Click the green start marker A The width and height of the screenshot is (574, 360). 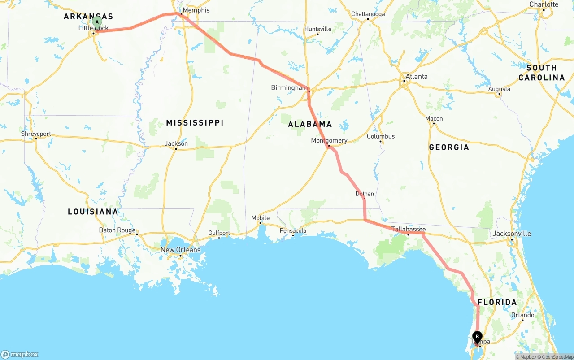tap(97, 22)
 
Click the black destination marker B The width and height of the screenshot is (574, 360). tap(478, 336)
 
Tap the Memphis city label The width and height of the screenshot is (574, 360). tap(196, 10)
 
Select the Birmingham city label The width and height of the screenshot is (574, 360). tap(289, 87)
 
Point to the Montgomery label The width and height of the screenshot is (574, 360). tap(329, 140)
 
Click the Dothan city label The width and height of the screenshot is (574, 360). tap(365, 194)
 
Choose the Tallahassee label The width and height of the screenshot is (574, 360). tap(409, 229)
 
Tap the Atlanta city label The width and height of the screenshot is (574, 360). tap(417, 77)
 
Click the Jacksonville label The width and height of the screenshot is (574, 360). tap(512, 234)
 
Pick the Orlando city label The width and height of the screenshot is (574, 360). tap(522, 315)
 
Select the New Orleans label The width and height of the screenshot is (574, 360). tap(181, 250)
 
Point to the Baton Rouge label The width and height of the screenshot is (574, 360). tap(117, 230)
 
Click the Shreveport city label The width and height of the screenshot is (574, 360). tap(36, 134)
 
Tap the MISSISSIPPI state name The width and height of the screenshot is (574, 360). tap(195, 123)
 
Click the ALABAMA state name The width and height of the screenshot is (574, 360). tap(310, 124)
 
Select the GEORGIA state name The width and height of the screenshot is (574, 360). tap(449, 147)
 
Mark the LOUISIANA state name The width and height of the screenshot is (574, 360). tap(93, 212)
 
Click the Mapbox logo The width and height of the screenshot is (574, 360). tap(20, 354)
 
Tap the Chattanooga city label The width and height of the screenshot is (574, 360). tap(368, 14)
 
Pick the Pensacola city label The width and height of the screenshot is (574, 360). tap(293, 231)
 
